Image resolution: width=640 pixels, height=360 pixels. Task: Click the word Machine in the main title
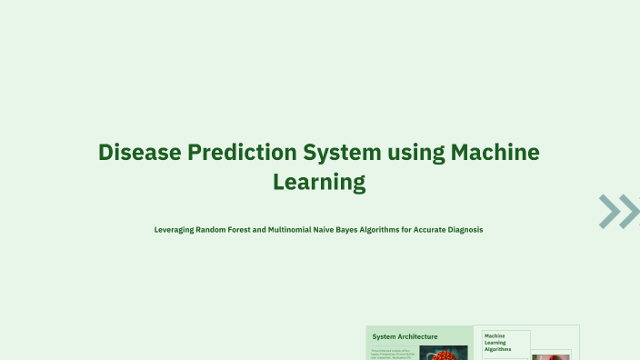(495, 152)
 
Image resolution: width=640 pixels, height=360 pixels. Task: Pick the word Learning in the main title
(319, 183)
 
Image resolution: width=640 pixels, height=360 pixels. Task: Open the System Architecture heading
(405, 336)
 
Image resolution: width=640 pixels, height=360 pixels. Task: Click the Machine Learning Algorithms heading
(498, 342)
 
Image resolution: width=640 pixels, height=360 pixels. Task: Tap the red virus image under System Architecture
(444, 353)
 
